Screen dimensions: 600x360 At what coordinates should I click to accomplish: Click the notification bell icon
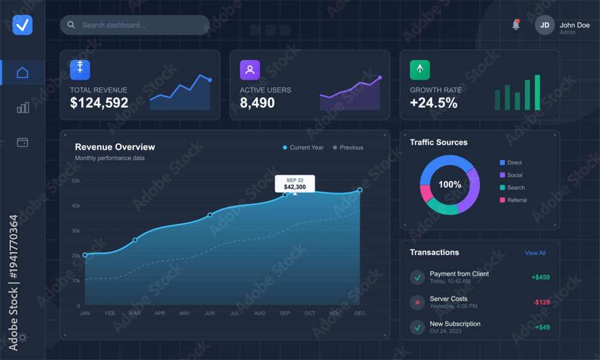(x=516, y=25)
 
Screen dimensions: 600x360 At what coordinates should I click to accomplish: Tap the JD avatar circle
(x=545, y=25)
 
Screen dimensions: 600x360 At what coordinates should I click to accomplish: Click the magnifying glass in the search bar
(x=71, y=25)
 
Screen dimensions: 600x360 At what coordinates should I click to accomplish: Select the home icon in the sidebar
(x=23, y=73)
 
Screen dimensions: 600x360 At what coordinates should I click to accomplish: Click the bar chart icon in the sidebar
(x=23, y=107)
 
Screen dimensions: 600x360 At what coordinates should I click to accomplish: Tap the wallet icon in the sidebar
(x=23, y=142)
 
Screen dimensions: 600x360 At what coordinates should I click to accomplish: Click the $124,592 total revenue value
(x=99, y=103)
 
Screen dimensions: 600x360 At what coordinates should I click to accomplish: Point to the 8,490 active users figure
(x=257, y=103)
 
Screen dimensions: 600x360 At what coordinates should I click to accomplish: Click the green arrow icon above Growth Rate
(x=420, y=70)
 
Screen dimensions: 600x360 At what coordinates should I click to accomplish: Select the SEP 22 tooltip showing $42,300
(x=295, y=184)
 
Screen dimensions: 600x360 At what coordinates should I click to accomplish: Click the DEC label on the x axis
(x=359, y=313)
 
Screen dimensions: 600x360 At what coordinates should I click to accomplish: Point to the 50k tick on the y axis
(x=76, y=181)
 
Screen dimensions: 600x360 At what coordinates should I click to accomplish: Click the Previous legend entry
(x=348, y=147)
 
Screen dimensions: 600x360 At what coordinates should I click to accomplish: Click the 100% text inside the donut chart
(x=449, y=184)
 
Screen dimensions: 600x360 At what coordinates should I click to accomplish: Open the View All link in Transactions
(x=535, y=253)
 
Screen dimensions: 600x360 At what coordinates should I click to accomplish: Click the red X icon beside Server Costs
(x=418, y=302)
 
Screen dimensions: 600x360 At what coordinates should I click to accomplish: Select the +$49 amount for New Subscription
(x=542, y=327)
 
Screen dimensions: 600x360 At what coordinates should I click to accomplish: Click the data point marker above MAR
(x=134, y=240)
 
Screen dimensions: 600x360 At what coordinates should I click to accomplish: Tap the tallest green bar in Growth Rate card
(x=537, y=92)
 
